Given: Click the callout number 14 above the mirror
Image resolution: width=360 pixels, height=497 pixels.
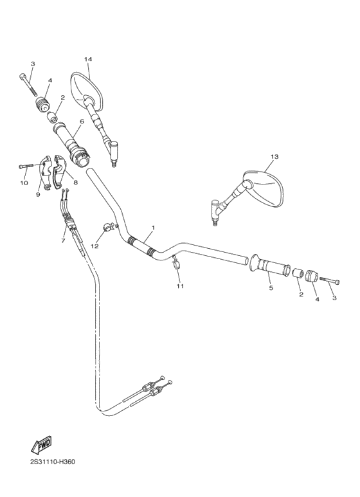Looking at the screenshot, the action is coord(88,59).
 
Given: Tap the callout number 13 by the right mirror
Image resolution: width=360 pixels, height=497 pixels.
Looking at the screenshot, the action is coord(274,157).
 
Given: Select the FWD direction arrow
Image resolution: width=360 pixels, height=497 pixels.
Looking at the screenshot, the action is coord(41,445).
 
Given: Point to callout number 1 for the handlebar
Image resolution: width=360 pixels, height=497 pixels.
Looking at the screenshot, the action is coord(154,228).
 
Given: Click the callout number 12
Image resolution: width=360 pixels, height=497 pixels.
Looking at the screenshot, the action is coord(95,246).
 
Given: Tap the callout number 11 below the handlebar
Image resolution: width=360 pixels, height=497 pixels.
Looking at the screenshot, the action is coord(180,286).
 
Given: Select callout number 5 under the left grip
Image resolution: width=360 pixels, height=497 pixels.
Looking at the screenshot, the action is coord(271,288).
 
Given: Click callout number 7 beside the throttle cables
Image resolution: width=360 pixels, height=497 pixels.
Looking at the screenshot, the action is coord(63,241).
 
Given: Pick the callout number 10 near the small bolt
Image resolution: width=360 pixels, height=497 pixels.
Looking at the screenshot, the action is coord(24,183).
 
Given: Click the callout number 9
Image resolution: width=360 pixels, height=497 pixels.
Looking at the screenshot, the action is coord(38,195).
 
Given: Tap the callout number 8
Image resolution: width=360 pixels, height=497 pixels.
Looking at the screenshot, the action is coord(76,182).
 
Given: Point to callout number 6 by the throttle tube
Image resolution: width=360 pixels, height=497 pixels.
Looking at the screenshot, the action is coord(82,122).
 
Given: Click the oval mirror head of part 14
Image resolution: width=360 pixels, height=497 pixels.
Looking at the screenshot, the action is coord(86,91).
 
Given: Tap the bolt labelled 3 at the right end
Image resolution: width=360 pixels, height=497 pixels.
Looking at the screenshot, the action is coord(330,280).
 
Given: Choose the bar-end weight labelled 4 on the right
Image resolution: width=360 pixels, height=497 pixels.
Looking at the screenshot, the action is coord(310,276).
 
